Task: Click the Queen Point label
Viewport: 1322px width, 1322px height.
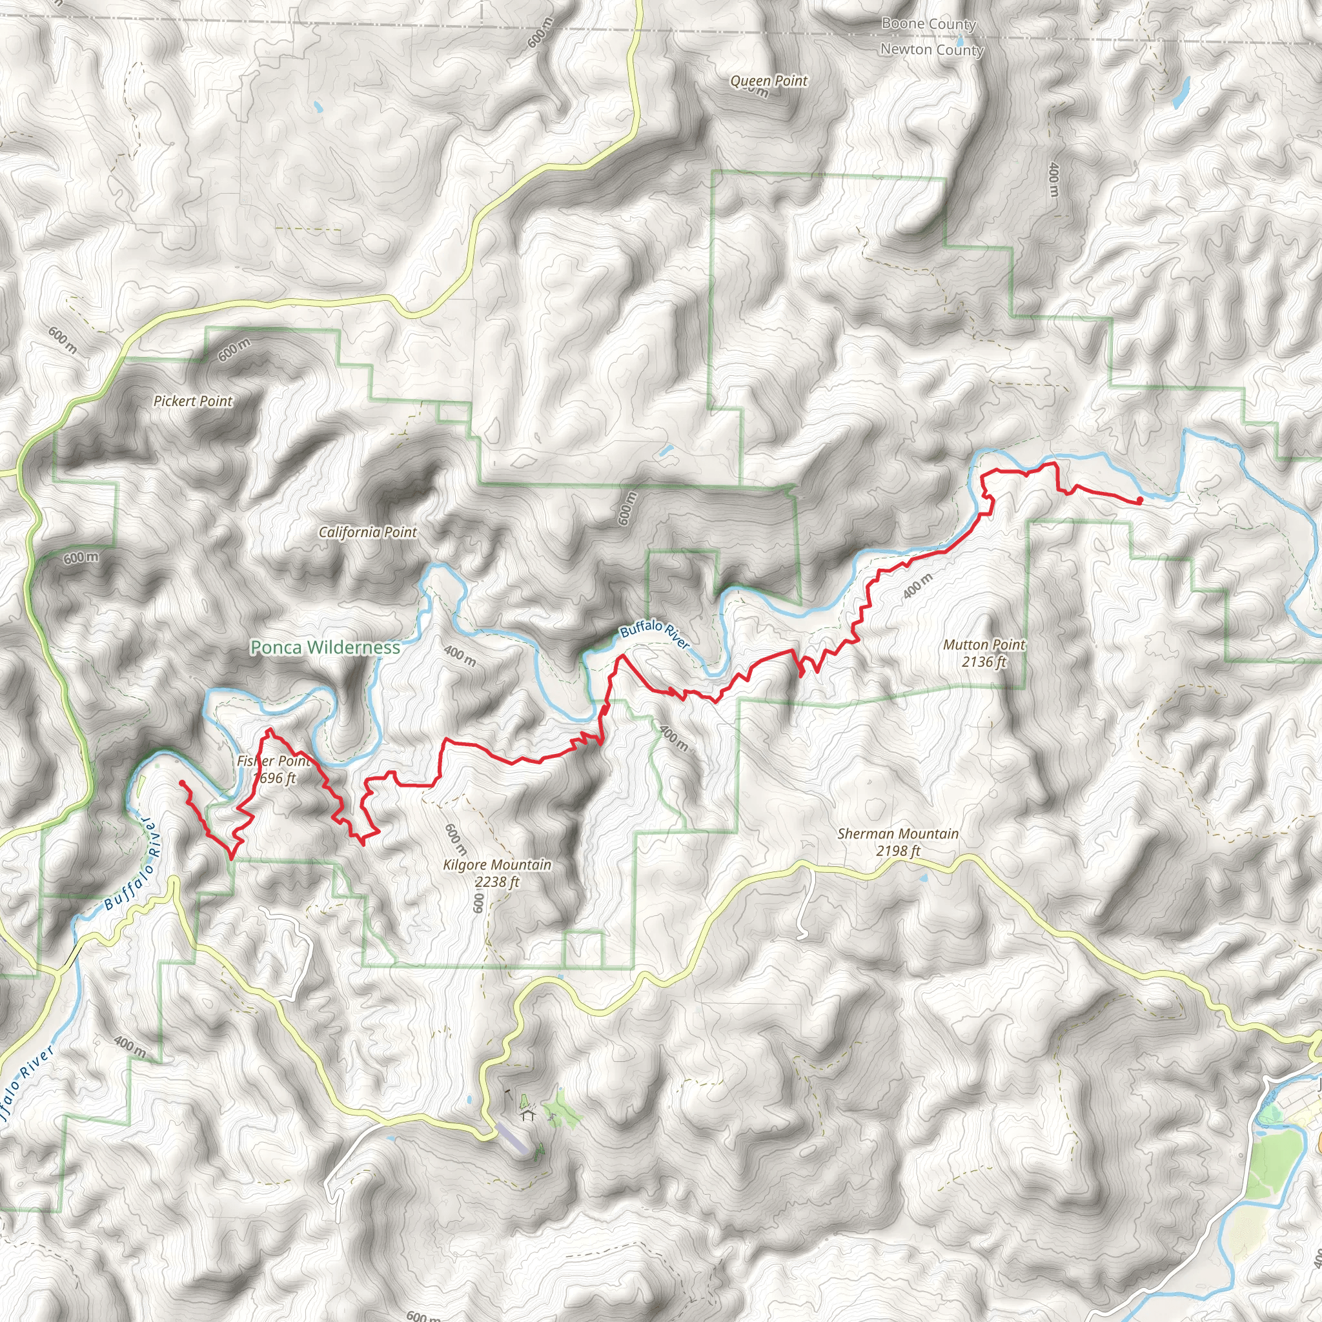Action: point(768,81)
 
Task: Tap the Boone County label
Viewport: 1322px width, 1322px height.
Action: point(928,24)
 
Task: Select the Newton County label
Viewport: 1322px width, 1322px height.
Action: point(931,49)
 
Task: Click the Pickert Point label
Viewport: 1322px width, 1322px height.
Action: point(193,401)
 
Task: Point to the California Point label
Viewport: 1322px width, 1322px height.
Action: point(367,532)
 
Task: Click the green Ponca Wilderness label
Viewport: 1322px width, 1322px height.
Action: point(325,647)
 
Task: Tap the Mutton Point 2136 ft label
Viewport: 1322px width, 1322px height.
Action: point(984,653)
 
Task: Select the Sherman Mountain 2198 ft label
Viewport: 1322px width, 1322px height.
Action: point(898,842)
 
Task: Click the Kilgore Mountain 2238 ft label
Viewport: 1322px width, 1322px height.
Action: point(497,873)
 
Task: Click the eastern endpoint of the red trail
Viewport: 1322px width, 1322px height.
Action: point(1139,502)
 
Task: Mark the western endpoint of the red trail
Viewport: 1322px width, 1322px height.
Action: point(182,783)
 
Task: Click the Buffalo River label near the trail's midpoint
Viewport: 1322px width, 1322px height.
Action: point(654,633)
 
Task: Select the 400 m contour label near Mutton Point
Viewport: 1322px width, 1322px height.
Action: point(918,586)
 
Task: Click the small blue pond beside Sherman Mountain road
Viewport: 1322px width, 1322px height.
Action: point(924,877)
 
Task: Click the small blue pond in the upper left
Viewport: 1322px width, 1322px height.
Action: point(317,107)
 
